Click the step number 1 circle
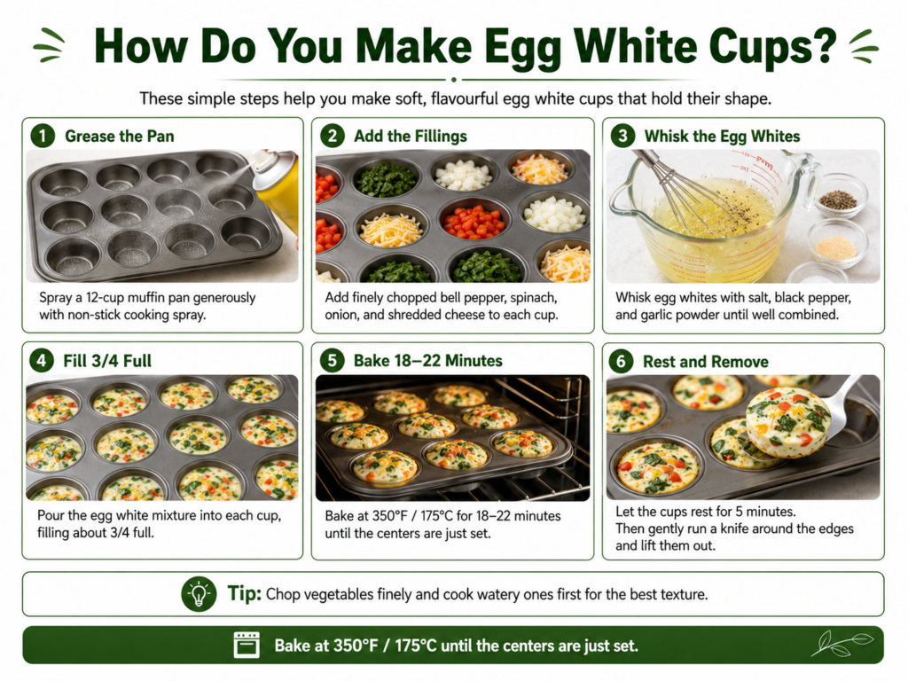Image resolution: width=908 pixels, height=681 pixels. coord(43,136)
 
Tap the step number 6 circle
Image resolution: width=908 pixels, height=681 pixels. coord(621,362)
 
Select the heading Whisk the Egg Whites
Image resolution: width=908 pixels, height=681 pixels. coord(722,136)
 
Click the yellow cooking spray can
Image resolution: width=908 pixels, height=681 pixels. coord(277,185)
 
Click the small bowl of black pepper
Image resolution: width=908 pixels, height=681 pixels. coord(839,196)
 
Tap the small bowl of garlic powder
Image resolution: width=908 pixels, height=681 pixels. coord(835,243)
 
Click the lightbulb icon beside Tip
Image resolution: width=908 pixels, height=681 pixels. coord(199,593)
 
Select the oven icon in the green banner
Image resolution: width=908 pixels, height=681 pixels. coord(247,645)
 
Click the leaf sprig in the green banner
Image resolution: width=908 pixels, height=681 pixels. coord(842,644)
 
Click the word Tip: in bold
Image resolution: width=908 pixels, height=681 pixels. coord(245,593)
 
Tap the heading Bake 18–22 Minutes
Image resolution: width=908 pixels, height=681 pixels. coord(428,361)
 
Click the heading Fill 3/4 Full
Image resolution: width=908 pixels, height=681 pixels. coord(107,361)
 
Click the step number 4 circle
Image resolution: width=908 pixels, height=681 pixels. coord(41,361)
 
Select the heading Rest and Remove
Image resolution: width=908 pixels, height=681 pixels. coord(705,362)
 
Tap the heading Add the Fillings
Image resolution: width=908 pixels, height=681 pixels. coord(410,136)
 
